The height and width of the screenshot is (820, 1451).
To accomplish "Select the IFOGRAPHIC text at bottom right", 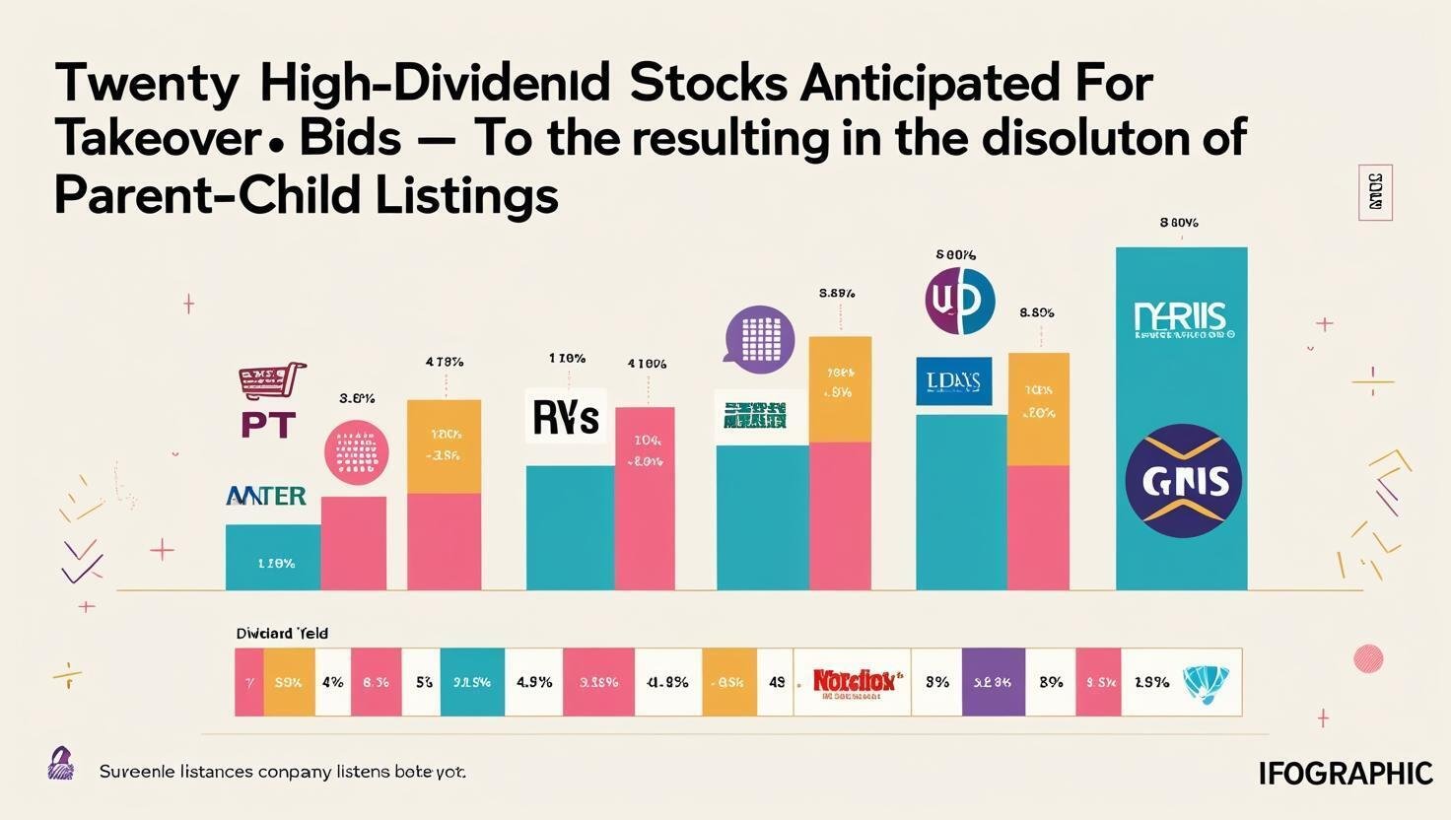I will pyautogui.click(x=1346, y=774).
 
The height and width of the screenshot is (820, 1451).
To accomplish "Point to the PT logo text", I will pyautogui.click(x=268, y=425).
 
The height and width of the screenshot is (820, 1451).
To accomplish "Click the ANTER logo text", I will pyautogui.click(x=266, y=496).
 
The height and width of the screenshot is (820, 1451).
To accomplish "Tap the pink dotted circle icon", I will pyautogui.click(x=356, y=452).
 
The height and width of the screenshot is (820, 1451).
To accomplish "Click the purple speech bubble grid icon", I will pyautogui.click(x=759, y=338).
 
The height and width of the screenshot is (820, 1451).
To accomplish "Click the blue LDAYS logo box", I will pyautogui.click(x=953, y=381).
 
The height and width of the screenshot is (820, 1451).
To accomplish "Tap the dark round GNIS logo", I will pyautogui.click(x=1183, y=481).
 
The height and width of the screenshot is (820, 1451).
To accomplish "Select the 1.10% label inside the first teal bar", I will pyautogui.click(x=275, y=564).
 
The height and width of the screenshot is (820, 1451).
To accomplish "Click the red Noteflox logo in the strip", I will pyautogui.click(x=853, y=681).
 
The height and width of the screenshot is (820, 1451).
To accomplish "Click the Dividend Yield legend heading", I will pyautogui.click(x=282, y=634).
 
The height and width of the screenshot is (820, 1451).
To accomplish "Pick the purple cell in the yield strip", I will pyautogui.click(x=993, y=681).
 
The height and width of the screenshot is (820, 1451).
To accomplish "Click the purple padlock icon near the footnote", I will pyautogui.click(x=61, y=764).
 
